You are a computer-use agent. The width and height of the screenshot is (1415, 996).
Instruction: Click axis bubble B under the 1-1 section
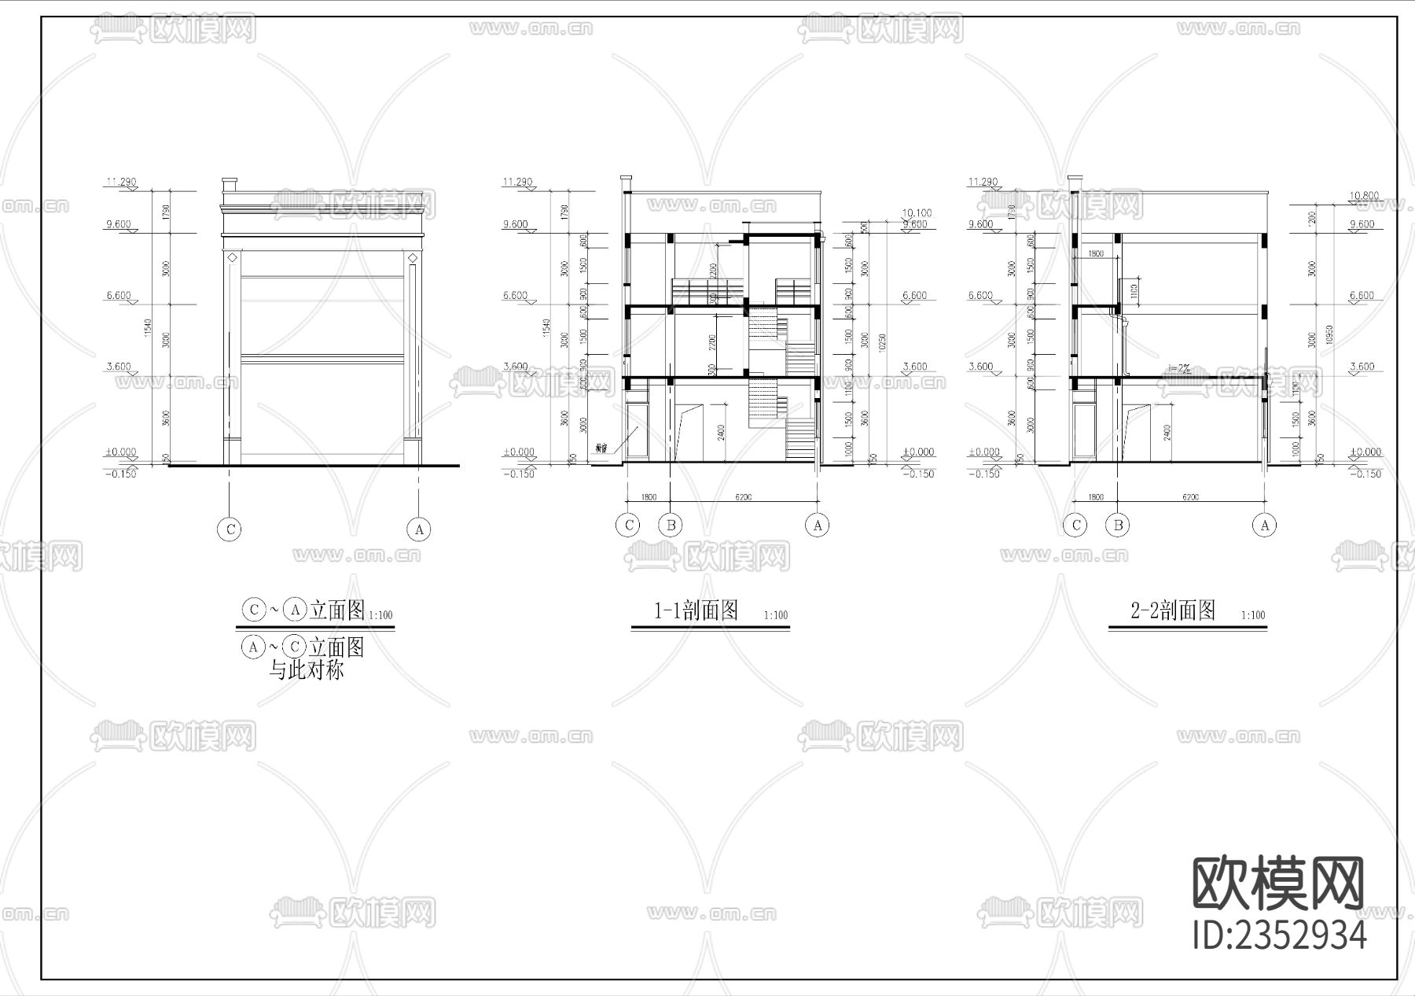click(x=670, y=525)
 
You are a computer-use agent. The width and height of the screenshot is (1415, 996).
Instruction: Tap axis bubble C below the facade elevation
click(x=230, y=529)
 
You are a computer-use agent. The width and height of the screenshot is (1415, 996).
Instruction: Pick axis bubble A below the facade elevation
click(x=419, y=529)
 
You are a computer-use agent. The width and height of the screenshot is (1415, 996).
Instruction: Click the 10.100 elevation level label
click(x=916, y=212)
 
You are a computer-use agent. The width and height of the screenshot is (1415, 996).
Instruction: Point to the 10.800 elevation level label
click(x=1363, y=196)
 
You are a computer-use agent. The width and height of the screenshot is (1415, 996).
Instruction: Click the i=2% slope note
click(x=1179, y=367)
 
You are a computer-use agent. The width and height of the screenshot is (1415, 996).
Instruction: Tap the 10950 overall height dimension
click(x=1330, y=337)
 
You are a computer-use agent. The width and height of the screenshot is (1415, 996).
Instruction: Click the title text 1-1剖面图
click(x=696, y=611)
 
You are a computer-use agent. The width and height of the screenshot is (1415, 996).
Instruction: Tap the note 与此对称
click(x=307, y=671)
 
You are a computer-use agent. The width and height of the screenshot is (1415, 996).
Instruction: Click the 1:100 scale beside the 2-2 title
click(x=1253, y=615)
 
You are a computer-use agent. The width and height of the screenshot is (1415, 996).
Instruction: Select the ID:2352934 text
click(x=1280, y=935)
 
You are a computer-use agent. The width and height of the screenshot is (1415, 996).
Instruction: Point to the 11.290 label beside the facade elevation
click(x=122, y=183)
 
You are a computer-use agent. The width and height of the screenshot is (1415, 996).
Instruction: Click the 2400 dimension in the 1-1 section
click(x=721, y=432)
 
